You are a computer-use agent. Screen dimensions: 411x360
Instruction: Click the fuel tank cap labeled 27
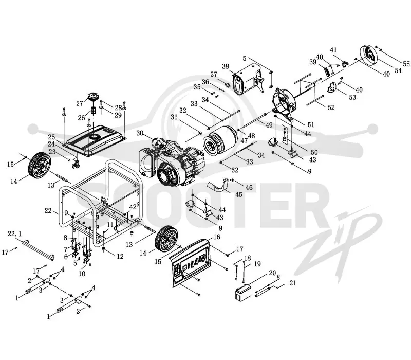click(x=93, y=97)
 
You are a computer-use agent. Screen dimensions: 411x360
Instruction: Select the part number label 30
click(x=140, y=133)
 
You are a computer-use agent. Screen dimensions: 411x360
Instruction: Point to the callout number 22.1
click(x=15, y=233)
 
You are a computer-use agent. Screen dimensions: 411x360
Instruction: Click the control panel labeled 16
click(x=191, y=261)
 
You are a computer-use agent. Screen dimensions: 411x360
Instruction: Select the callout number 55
click(x=406, y=64)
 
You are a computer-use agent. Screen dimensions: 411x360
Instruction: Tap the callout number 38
click(x=226, y=66)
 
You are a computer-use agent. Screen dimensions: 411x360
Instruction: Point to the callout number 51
click(x=311, y=124)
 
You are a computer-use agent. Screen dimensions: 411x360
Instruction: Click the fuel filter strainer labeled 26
click(x=93, y=110)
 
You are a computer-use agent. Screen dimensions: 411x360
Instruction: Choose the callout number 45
click(x=239, y=194)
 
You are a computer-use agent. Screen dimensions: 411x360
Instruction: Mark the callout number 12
click(x=120, y=256)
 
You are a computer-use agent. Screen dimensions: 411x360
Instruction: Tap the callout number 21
click(x=292, y=283)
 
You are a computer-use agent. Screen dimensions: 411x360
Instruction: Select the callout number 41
click(x=333, y=50)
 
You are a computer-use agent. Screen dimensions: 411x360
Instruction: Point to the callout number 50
click(x=314, y=152)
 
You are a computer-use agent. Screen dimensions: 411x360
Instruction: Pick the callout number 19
click(x=257, y=263)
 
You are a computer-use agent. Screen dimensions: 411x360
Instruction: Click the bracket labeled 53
click(x=332, y=87)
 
